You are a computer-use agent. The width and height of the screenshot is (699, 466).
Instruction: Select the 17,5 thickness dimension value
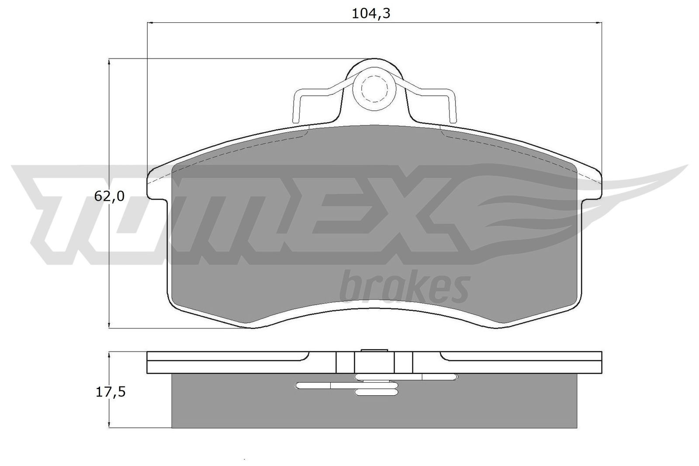pyautogui.click(x=111, y=392)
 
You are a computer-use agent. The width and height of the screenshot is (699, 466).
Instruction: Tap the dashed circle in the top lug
pyautogui.click(x=374, y=89)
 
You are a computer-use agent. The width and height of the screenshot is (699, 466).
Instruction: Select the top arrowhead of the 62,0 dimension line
pyautogui.click(x=108, y=62)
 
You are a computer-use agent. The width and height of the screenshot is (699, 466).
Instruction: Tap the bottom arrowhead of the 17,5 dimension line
pyautogui.click(x=108, y=425)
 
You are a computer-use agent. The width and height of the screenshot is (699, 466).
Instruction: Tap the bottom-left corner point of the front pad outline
pyautogui.click(x=250, y=326)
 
